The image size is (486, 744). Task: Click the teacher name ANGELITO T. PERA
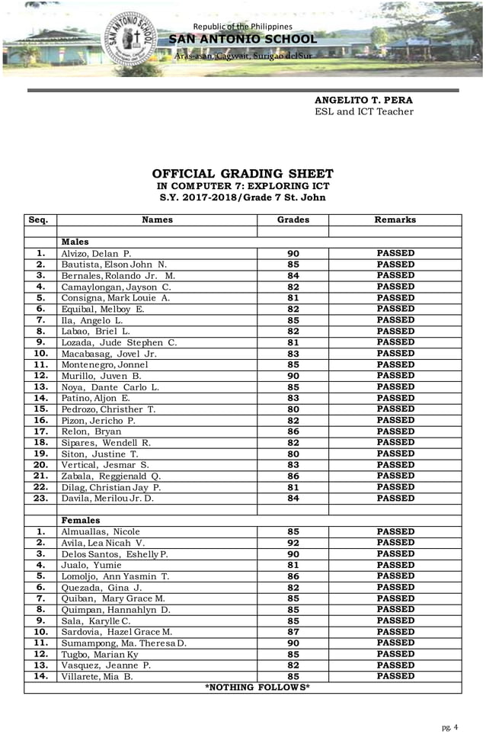pos(363,100)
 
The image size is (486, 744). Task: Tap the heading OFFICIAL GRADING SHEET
pos(242,174)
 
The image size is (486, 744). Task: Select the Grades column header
pos(293,220)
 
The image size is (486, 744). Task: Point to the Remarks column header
pos(395,220)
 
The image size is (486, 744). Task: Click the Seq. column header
pos(40,220)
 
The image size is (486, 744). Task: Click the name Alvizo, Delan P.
pos(97,253)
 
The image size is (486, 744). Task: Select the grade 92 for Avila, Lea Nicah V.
pos(293,543)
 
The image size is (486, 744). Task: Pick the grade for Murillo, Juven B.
pos(293,376)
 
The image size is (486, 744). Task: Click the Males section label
pos(75,242)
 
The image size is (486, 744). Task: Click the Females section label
pos(80,520)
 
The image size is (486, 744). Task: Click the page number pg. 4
pos(450,727)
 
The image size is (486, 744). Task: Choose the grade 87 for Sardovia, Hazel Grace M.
pos(293,632)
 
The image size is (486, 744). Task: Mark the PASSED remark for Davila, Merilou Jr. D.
pos(395,498)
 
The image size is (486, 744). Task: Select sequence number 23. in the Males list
pos(40,498)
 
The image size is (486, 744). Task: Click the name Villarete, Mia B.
pos(98,676)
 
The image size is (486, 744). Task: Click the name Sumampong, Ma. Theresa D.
pos(123,643)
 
